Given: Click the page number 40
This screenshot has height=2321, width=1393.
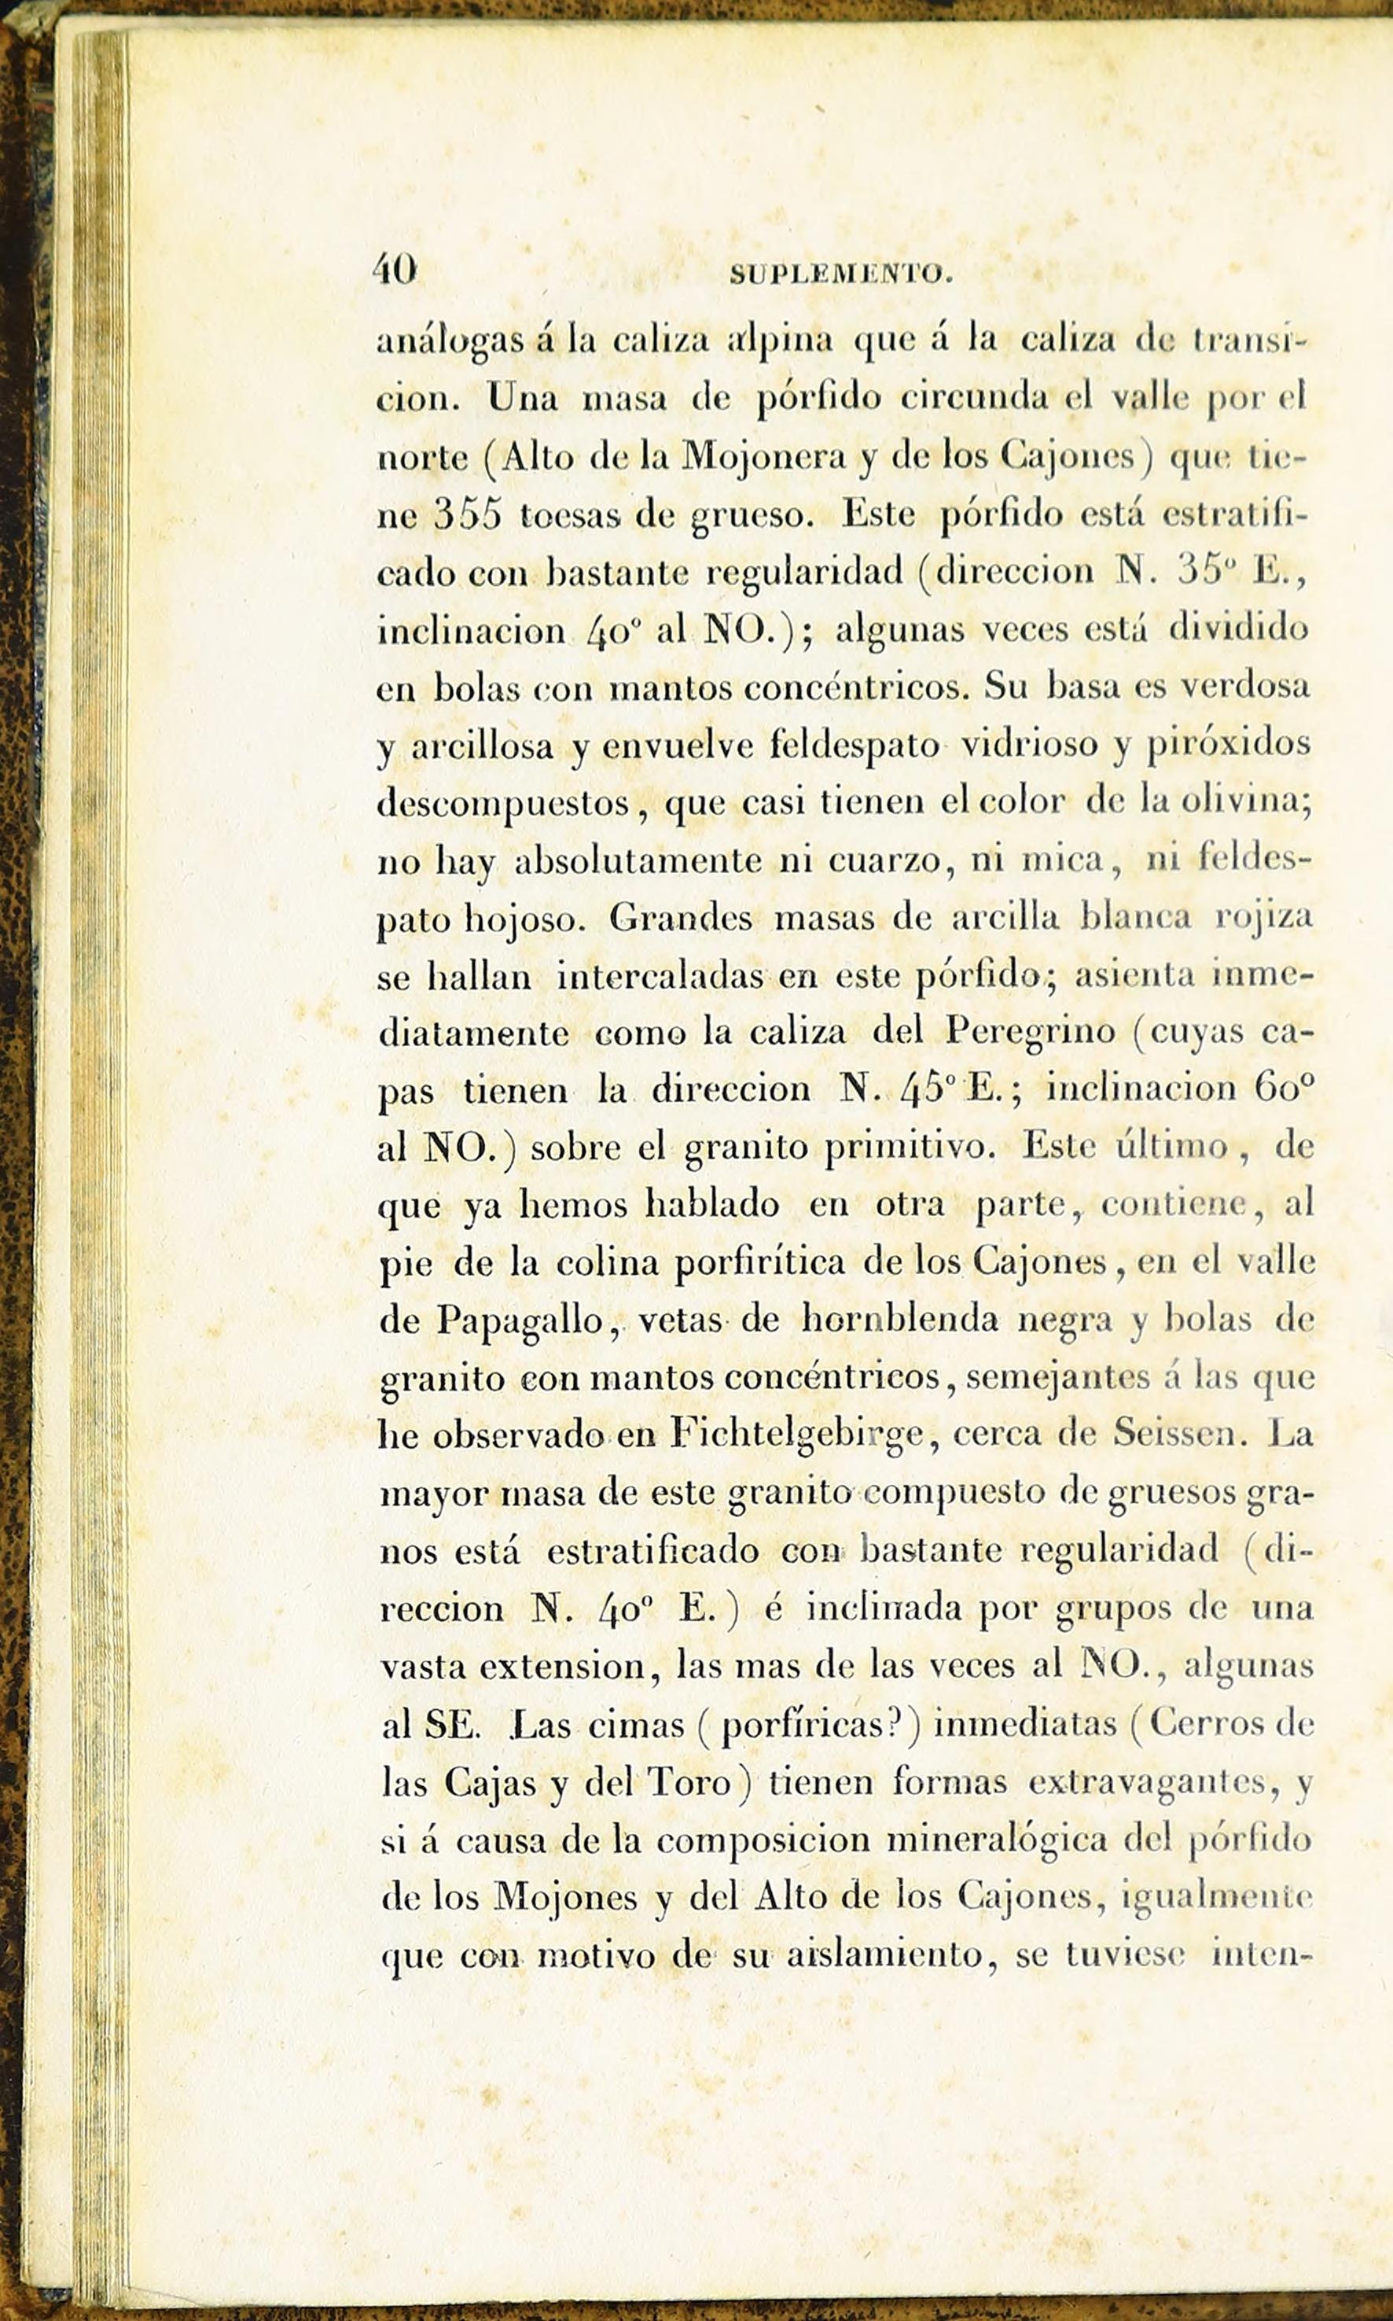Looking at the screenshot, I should tap(395, 271).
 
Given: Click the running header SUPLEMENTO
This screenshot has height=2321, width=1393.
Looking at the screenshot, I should tap(841, 274).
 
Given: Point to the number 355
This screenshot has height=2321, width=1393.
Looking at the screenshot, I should tap(468, 515).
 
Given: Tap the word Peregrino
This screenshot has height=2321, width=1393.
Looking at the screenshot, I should tap(1031, 1033).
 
